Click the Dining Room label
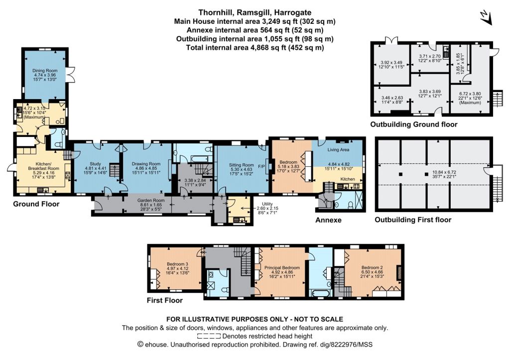pyautogui.click(x=45, y=71)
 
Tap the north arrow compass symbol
pyautogui.click(x=486, y=18)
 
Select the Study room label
pyautogui.click(x=95, y=164)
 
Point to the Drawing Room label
pyautogui.click(x=146, y=164)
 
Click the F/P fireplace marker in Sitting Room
pyautogui.click(x=261, y=166)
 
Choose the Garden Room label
pyautogui.click(x=151, y=201)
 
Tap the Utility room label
pyautogui.click(x=267, y=204)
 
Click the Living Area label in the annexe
pyautogui.click(x=338, y=149)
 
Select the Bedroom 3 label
pyautogui.click(x=177, y=264)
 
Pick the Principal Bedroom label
pyautogui.click(x=282, y=268)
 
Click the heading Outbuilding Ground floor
pyautogui.click(x=414, y=124)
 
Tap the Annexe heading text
pyautogui.click(x=329, y=220)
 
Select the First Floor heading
pyautogui.click(x=164, y=300)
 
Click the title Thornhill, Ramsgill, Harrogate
pyautogui.click(x=255, y=12)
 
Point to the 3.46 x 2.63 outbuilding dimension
pyautogui.click(x=392, y=98)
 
